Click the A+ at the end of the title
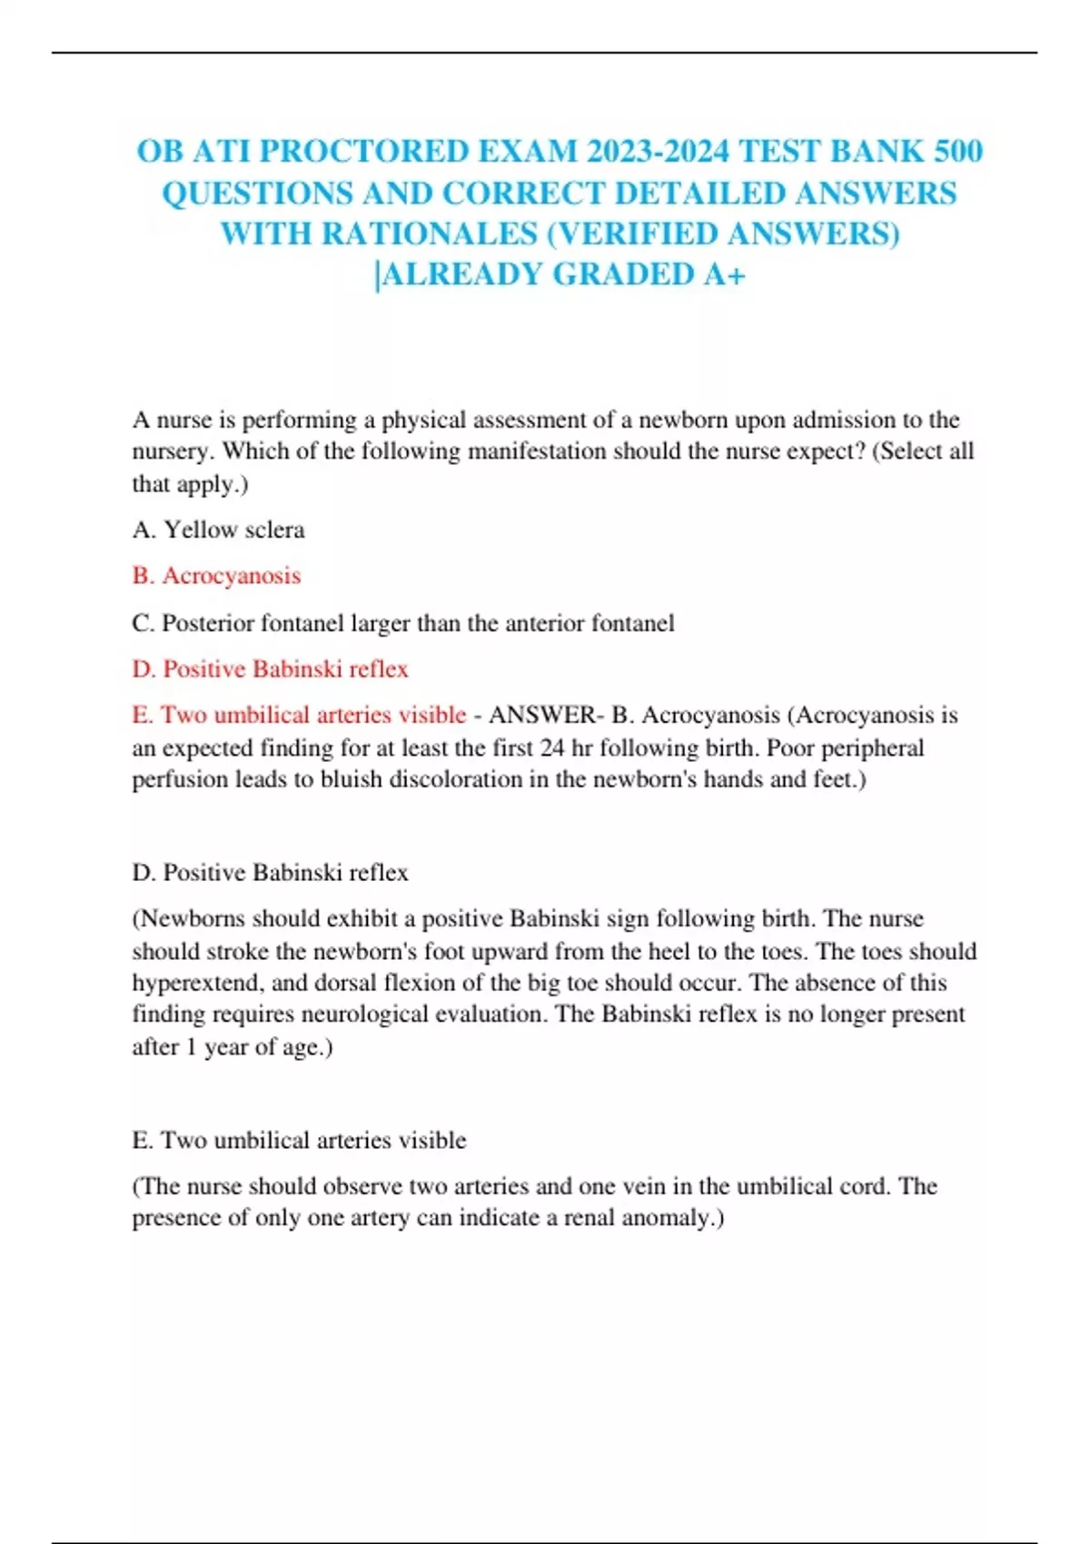tap(724, 274)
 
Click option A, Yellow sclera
tap(219, 530)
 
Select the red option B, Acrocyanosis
tap(216, 576)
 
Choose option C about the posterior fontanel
tap(403, 623)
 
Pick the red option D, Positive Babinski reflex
tap(270, 669)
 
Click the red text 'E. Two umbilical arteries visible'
tap(299, 715)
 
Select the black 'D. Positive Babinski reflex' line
tap(270, 873)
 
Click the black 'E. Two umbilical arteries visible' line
tap(299, 1140)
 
